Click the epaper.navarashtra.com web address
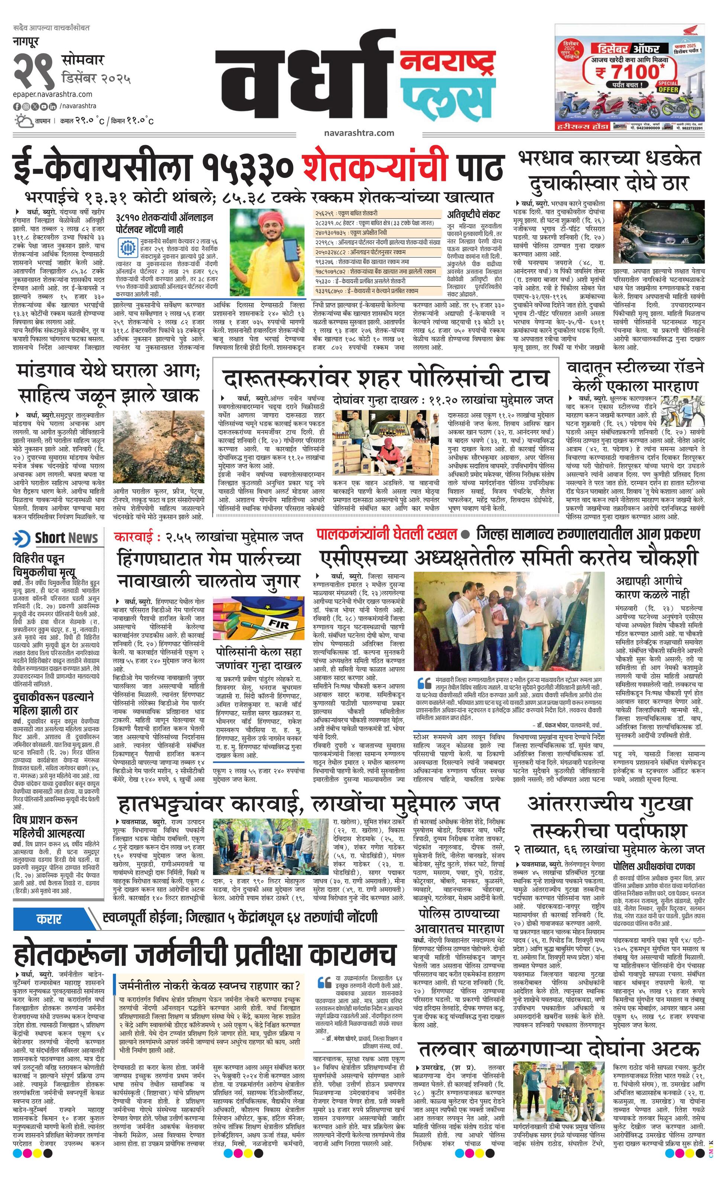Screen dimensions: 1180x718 tap(53, 94)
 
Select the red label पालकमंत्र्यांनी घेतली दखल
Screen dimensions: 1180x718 tap(385, 534)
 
